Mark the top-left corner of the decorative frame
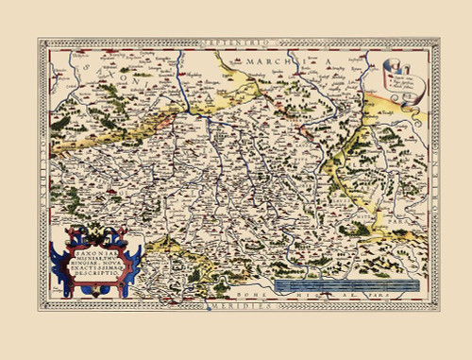[x=40, y=39]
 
